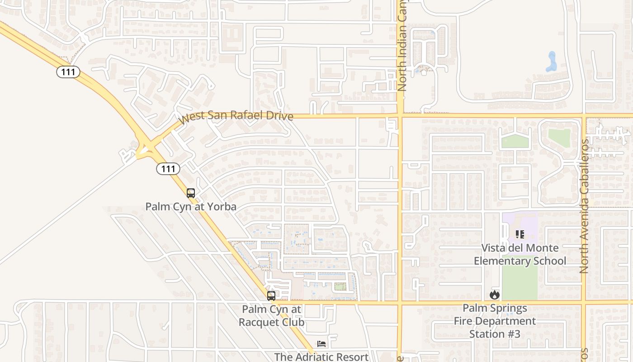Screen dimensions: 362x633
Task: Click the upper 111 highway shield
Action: coord(68,71)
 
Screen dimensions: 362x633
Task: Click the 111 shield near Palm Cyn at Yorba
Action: coord(168,169)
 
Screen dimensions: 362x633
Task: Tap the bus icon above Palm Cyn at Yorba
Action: coord(191,193)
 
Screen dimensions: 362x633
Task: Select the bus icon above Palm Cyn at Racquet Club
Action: coord(271,296)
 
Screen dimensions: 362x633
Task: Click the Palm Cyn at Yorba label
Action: coord(191,207)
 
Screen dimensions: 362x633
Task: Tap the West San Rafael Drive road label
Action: coord(236,116)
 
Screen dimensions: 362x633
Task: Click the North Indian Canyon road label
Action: coord(402,45)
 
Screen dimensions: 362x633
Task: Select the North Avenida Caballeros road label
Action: coord(584,206)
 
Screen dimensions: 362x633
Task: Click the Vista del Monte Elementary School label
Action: coord(520,254)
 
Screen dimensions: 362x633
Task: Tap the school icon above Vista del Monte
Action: coord(520,234)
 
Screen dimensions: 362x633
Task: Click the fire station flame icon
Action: coord(495,295)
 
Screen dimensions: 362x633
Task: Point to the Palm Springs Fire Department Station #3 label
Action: coord(495,321)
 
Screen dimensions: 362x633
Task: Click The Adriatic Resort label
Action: coord(321,357)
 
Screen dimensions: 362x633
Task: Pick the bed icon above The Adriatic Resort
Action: coord(321,344)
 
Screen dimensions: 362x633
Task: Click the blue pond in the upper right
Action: coord(551,62)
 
